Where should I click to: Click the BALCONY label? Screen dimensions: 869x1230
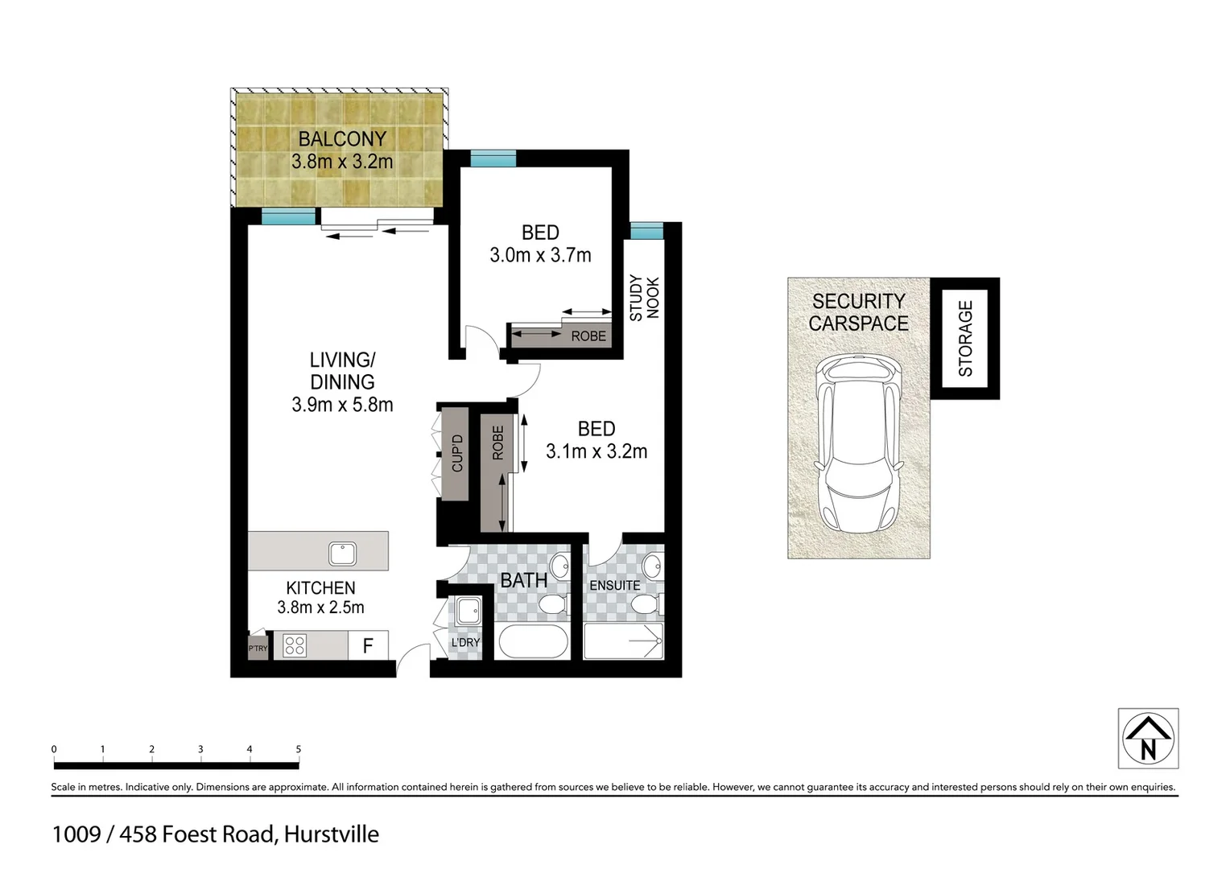[x=342, y=138]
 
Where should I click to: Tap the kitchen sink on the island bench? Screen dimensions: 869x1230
[x=342, y=554]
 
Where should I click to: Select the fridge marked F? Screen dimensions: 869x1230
[x=368, y=645]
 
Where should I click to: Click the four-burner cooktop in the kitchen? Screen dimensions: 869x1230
[x=295, y=645]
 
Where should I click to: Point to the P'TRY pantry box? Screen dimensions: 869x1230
[x=258, y=648]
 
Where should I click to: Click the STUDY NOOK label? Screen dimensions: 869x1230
[x=644, y=298]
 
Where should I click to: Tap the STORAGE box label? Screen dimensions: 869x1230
[x=965, y=338]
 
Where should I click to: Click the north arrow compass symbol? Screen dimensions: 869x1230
[x=1148, y=739]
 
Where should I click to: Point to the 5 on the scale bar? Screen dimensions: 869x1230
[x=299, y=749]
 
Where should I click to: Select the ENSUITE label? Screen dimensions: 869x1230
[x=615, y=585]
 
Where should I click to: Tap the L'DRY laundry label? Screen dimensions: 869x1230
[x=465, y=642]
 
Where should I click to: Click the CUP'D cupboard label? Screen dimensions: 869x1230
[x=457, y=453]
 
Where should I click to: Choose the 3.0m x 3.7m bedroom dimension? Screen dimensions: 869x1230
[x=540, y=255]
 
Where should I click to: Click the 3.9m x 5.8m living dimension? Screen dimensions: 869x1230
[x=342, y=405]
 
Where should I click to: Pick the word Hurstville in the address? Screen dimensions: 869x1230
[x=332, y=834]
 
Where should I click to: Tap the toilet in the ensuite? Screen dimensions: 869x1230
[x=646, y=603]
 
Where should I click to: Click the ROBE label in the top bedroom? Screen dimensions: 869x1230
[x=588, y=336]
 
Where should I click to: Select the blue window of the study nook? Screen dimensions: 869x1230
[x=646, y=232]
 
